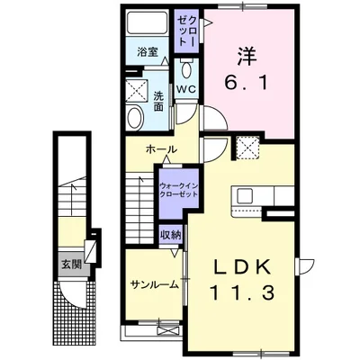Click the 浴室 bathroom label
click(148, 52)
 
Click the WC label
click(186, 89)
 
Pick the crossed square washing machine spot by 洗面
click(138, 90)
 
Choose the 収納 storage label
click(170, 236)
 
